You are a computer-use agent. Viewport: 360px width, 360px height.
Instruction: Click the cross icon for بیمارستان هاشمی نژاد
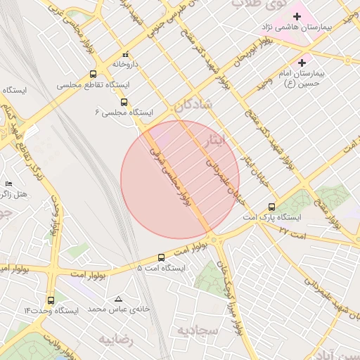(297, 16)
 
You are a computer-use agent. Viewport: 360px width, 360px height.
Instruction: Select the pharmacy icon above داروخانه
(126, 54)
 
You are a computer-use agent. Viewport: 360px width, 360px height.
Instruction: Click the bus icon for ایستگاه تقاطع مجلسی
(94, 74)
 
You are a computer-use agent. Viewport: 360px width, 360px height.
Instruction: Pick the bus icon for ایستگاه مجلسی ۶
(124, 101)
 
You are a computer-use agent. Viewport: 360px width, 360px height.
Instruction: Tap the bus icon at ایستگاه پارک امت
(272, 207)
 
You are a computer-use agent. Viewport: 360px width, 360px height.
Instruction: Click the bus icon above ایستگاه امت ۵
(162, 257)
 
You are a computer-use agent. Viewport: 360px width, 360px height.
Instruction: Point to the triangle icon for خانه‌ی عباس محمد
(117, 299)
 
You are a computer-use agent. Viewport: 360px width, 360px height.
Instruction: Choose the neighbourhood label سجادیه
(194, 330)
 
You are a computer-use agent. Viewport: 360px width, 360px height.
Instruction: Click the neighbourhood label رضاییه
(115, 340)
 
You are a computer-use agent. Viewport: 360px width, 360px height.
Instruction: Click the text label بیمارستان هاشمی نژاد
(310, 27)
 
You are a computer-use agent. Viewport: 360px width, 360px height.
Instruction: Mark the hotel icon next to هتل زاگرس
(8, 183)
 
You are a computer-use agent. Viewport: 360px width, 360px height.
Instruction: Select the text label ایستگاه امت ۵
(161, 268)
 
